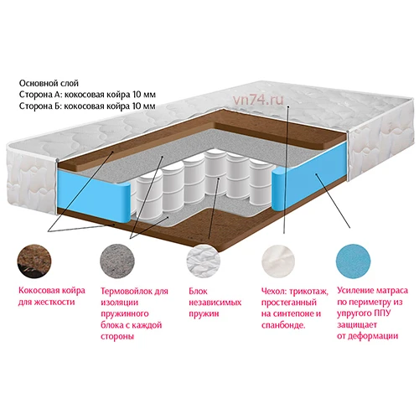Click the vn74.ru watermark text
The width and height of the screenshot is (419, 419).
click(x=258, y=100)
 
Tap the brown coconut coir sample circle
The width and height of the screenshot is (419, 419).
click(x=34, y=261)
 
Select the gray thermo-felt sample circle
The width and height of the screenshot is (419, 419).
click(x=117, y=261)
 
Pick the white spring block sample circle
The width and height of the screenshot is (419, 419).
click(x=204, y=261)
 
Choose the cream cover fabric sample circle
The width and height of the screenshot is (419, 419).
click(x=278, y=261)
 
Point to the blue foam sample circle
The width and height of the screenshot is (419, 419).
click(x=354, y=261)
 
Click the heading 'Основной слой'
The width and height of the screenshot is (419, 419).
click(x=49, y=83)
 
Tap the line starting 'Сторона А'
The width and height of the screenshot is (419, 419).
click(x=87, y=95)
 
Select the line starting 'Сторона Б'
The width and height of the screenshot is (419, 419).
click(x=87, y=106)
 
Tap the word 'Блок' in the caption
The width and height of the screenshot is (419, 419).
click(x=198, y=291)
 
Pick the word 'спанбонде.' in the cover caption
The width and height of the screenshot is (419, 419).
click(x=283, y=325)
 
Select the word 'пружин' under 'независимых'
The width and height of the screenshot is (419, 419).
click(x=204, y=313)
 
